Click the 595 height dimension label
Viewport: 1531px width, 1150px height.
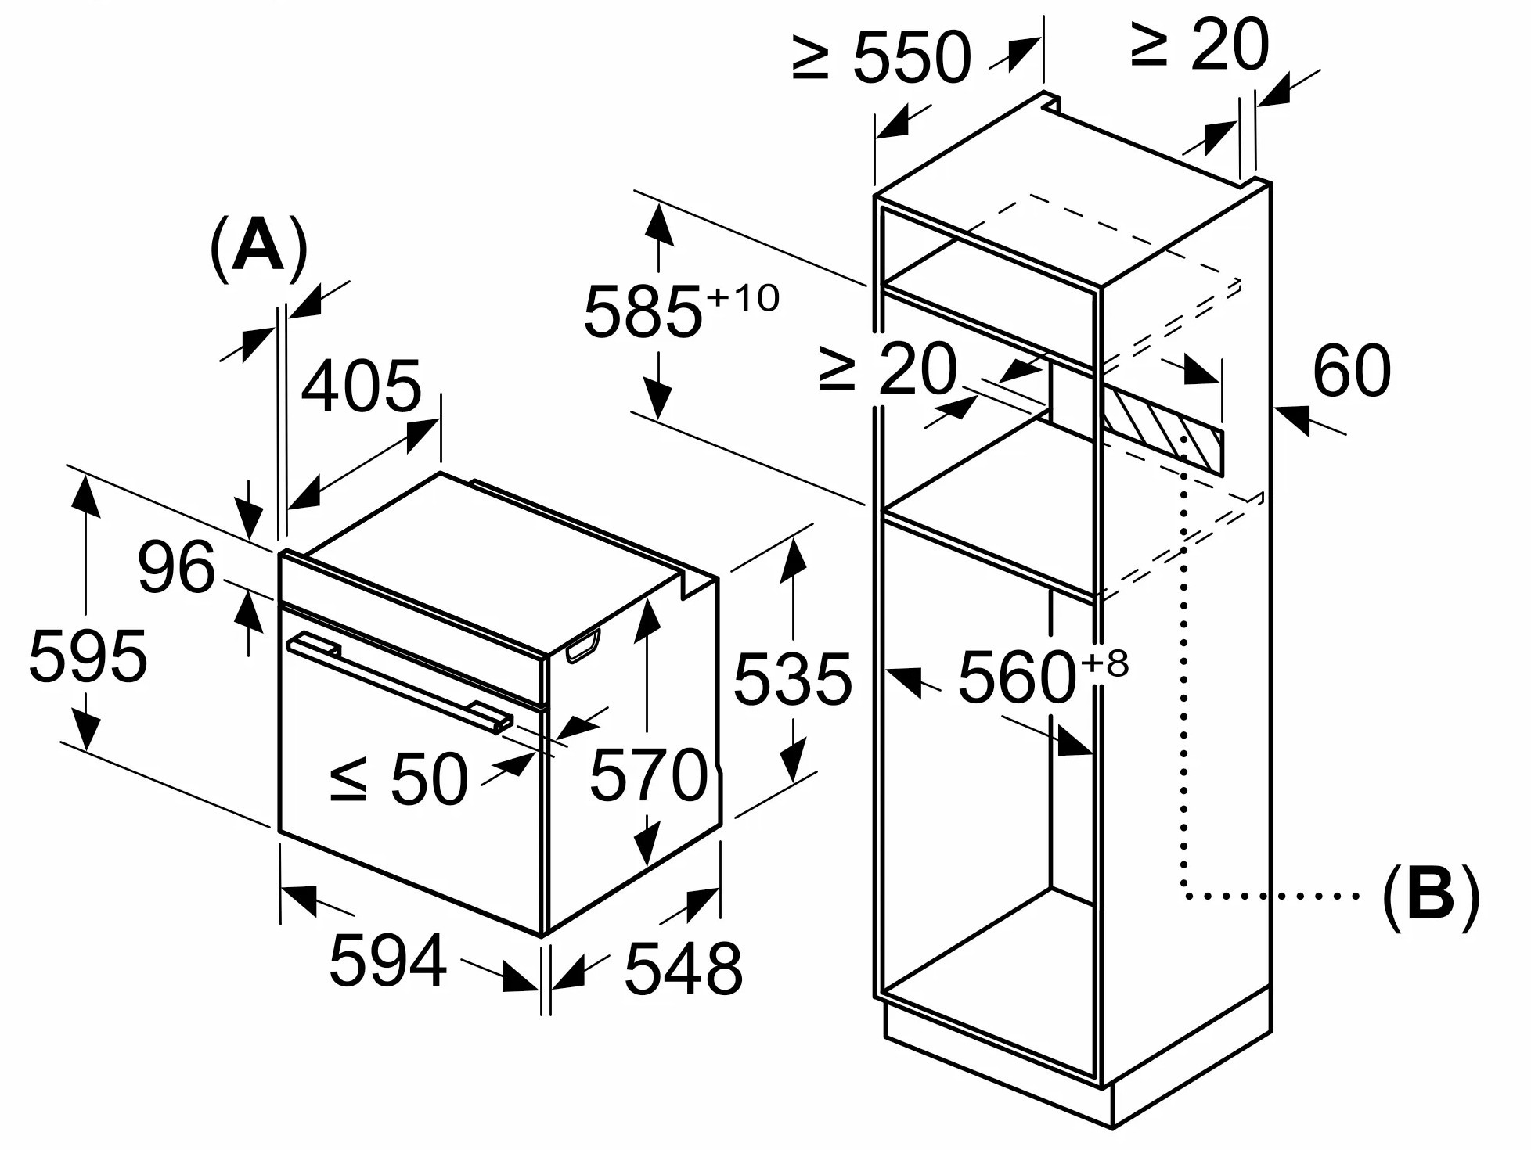88,656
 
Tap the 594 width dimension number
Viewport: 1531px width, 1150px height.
388,960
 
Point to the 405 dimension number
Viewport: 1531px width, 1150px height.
361,386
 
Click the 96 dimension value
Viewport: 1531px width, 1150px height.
176,566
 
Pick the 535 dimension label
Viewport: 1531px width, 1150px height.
792,679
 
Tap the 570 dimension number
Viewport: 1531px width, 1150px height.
649,774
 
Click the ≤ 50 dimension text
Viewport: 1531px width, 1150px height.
398,778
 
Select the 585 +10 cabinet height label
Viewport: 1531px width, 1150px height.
681,310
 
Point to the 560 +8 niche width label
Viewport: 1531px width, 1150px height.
1043,675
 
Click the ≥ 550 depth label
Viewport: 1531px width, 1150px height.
881,57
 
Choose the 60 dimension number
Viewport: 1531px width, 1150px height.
1352,371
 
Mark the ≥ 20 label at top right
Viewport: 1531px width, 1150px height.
1199,45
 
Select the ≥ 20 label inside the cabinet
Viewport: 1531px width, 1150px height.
888,368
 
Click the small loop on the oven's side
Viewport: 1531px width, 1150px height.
582,645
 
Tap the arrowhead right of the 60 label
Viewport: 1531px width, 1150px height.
1291,418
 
